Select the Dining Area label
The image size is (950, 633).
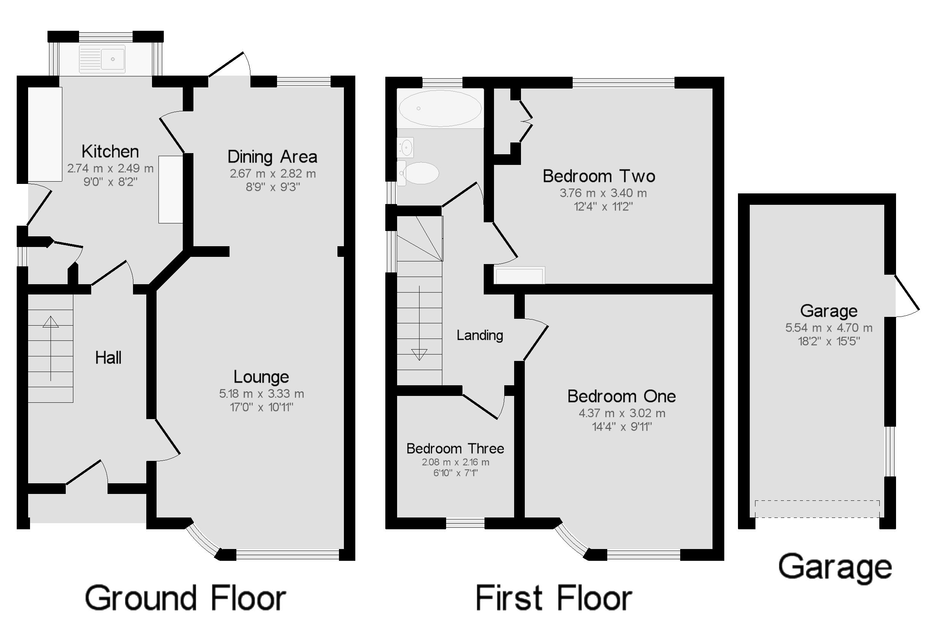(272, 157)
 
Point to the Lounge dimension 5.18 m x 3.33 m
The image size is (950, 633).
(261, 394)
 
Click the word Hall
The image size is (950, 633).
(108, 358)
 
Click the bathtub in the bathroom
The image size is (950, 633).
(440, 108)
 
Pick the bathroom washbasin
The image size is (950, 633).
(406, 147)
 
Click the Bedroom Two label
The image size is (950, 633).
(598, 176)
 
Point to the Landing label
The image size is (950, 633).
(480, 335)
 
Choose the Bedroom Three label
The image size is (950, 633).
(455, 448)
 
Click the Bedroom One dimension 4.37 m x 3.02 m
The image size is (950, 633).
(622, 413)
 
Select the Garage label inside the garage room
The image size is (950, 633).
(828, 311)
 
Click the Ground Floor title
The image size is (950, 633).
(185, 598)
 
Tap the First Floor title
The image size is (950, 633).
(554, 598)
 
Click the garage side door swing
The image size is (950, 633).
(906, 297)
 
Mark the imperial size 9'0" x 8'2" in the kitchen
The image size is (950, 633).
(110, 182)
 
